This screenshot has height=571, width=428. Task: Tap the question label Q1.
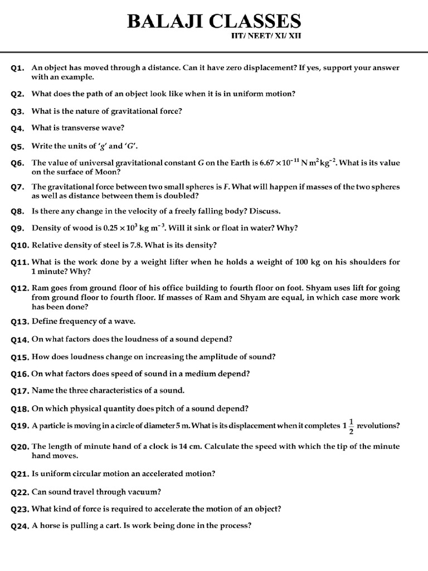pos(18,68)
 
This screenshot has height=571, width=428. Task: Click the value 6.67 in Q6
pos(269,163)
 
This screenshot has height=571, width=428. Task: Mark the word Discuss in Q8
pos(265,211)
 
